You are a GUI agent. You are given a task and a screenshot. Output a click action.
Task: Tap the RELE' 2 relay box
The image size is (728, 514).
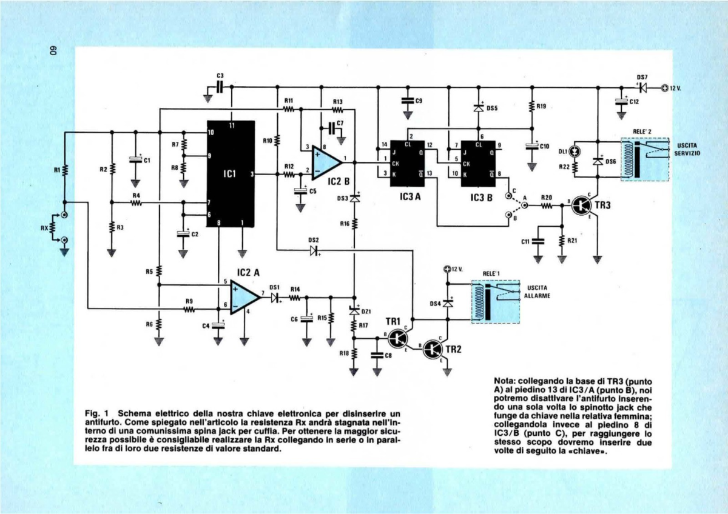[644, 159]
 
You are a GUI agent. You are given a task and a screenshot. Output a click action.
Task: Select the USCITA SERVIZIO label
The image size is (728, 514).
[687, 150]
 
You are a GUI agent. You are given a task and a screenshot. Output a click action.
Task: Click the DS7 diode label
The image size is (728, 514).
[642, 78]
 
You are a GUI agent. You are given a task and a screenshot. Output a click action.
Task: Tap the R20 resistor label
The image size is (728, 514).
[546, 198]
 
